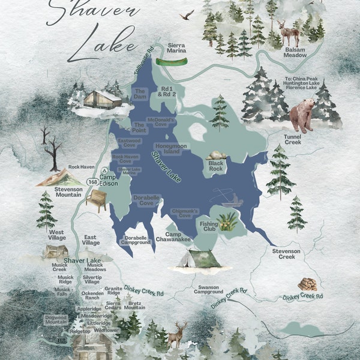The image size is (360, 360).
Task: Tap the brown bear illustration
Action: click(302, 116)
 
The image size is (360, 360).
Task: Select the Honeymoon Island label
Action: click(171, 149)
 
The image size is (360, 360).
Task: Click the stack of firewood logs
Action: click(307, 284)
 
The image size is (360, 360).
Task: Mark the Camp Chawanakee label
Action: click(178, 236)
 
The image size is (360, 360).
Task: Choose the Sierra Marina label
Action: click(176, 47)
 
